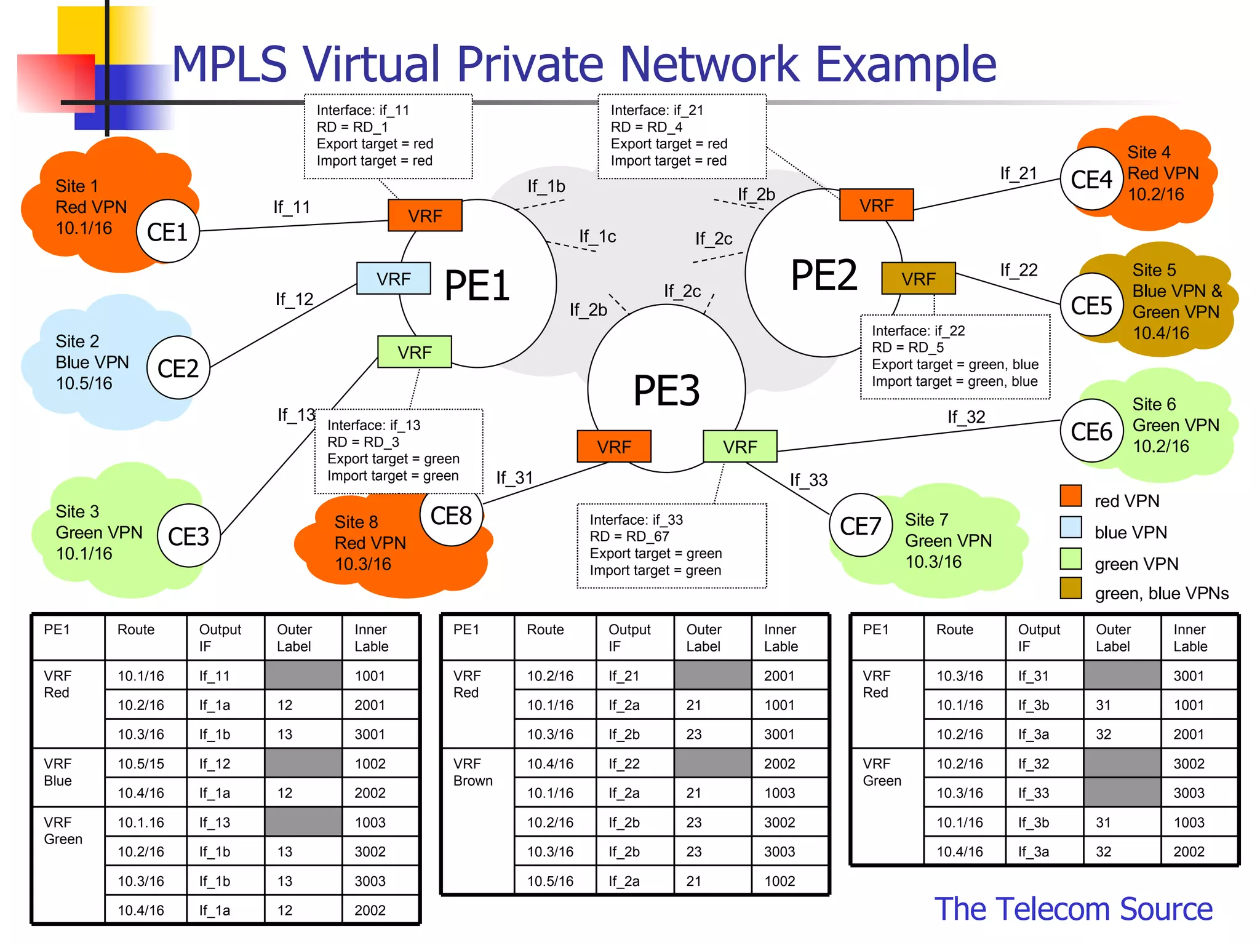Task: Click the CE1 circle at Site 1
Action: tap(167, 231)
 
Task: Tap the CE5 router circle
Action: tap(1091, 305)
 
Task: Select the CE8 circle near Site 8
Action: tap(451, 516)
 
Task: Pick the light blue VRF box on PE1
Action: tap(394, 279)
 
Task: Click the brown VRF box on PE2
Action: tap(918, 279)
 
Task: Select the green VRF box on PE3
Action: tap(740, 447)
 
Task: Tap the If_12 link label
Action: tap(294, 299)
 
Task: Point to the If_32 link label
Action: tap(966, 417)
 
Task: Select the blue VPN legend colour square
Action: tap(1071, 527)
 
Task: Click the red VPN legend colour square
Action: tap(1071, 496)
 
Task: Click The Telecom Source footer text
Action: tap(1073, 909)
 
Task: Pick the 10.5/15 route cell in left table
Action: tap(141, 764)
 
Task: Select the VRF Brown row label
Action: tap(472, 772)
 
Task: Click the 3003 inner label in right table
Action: tap(1189, 792)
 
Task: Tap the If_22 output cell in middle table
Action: tap(624, 764)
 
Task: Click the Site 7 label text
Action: tap(926, 520)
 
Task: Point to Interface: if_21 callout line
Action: tap(656, 110)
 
